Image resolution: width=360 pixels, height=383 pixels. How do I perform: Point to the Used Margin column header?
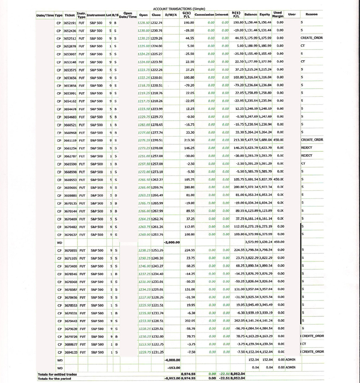pos(278,14)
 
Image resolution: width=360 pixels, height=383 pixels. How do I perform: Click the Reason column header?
pos(311,14)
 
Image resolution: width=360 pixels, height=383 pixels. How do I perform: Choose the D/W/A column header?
pos(171,14)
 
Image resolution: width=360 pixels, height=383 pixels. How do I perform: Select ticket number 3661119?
pos(70,140)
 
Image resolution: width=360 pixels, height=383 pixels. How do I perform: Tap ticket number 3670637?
pos(70,234)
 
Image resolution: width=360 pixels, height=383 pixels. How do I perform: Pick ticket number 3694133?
pos(70,351)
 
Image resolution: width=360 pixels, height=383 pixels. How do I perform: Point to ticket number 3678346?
pos(70,274)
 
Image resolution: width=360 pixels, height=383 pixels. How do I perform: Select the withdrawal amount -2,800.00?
pos(171,242)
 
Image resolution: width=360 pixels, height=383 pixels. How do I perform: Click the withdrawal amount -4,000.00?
pos(171,360)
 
